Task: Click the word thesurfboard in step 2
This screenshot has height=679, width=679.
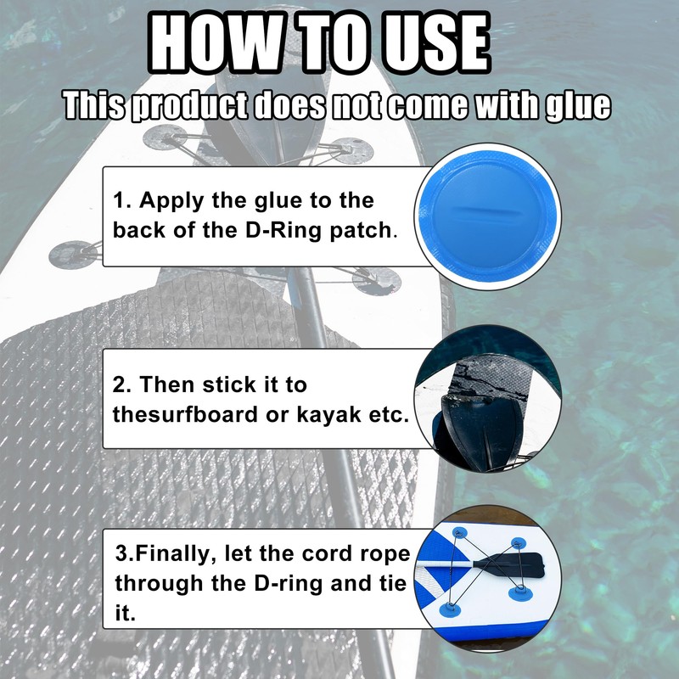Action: point(179,415)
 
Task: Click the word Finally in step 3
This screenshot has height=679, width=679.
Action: point(175,554)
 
